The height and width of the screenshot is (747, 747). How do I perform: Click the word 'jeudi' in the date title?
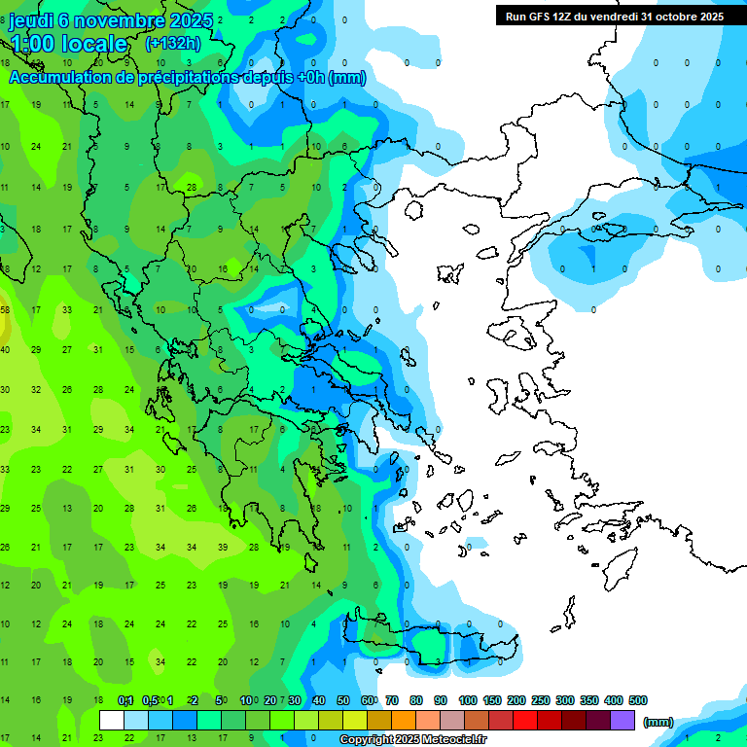(x=31, y=20)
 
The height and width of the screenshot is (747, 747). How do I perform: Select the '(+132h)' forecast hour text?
(x=173, y=43)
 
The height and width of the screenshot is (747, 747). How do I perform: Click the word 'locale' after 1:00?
(x=94, y=44)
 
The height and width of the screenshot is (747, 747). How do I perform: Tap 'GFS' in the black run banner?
(x=540, y=17)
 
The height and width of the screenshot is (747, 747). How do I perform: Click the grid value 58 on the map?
(x=5, y=310)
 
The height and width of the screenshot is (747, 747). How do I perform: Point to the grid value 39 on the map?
(x=223, y=548)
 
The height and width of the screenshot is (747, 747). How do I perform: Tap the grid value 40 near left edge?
(x=5, y=349)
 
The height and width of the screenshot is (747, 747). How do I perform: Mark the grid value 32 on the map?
(x=36, y=389)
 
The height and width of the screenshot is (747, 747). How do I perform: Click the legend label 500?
(x=638, y=700)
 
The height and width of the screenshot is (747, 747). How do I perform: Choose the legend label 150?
(x=492, y=700)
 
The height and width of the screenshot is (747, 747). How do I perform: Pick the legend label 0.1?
(x=124, y=700)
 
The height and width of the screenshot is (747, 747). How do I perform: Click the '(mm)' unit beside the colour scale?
(x=658, y=722)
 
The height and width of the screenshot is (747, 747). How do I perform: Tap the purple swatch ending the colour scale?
(x=622, y=721)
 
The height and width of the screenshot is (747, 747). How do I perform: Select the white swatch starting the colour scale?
(x=112, y=721)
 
